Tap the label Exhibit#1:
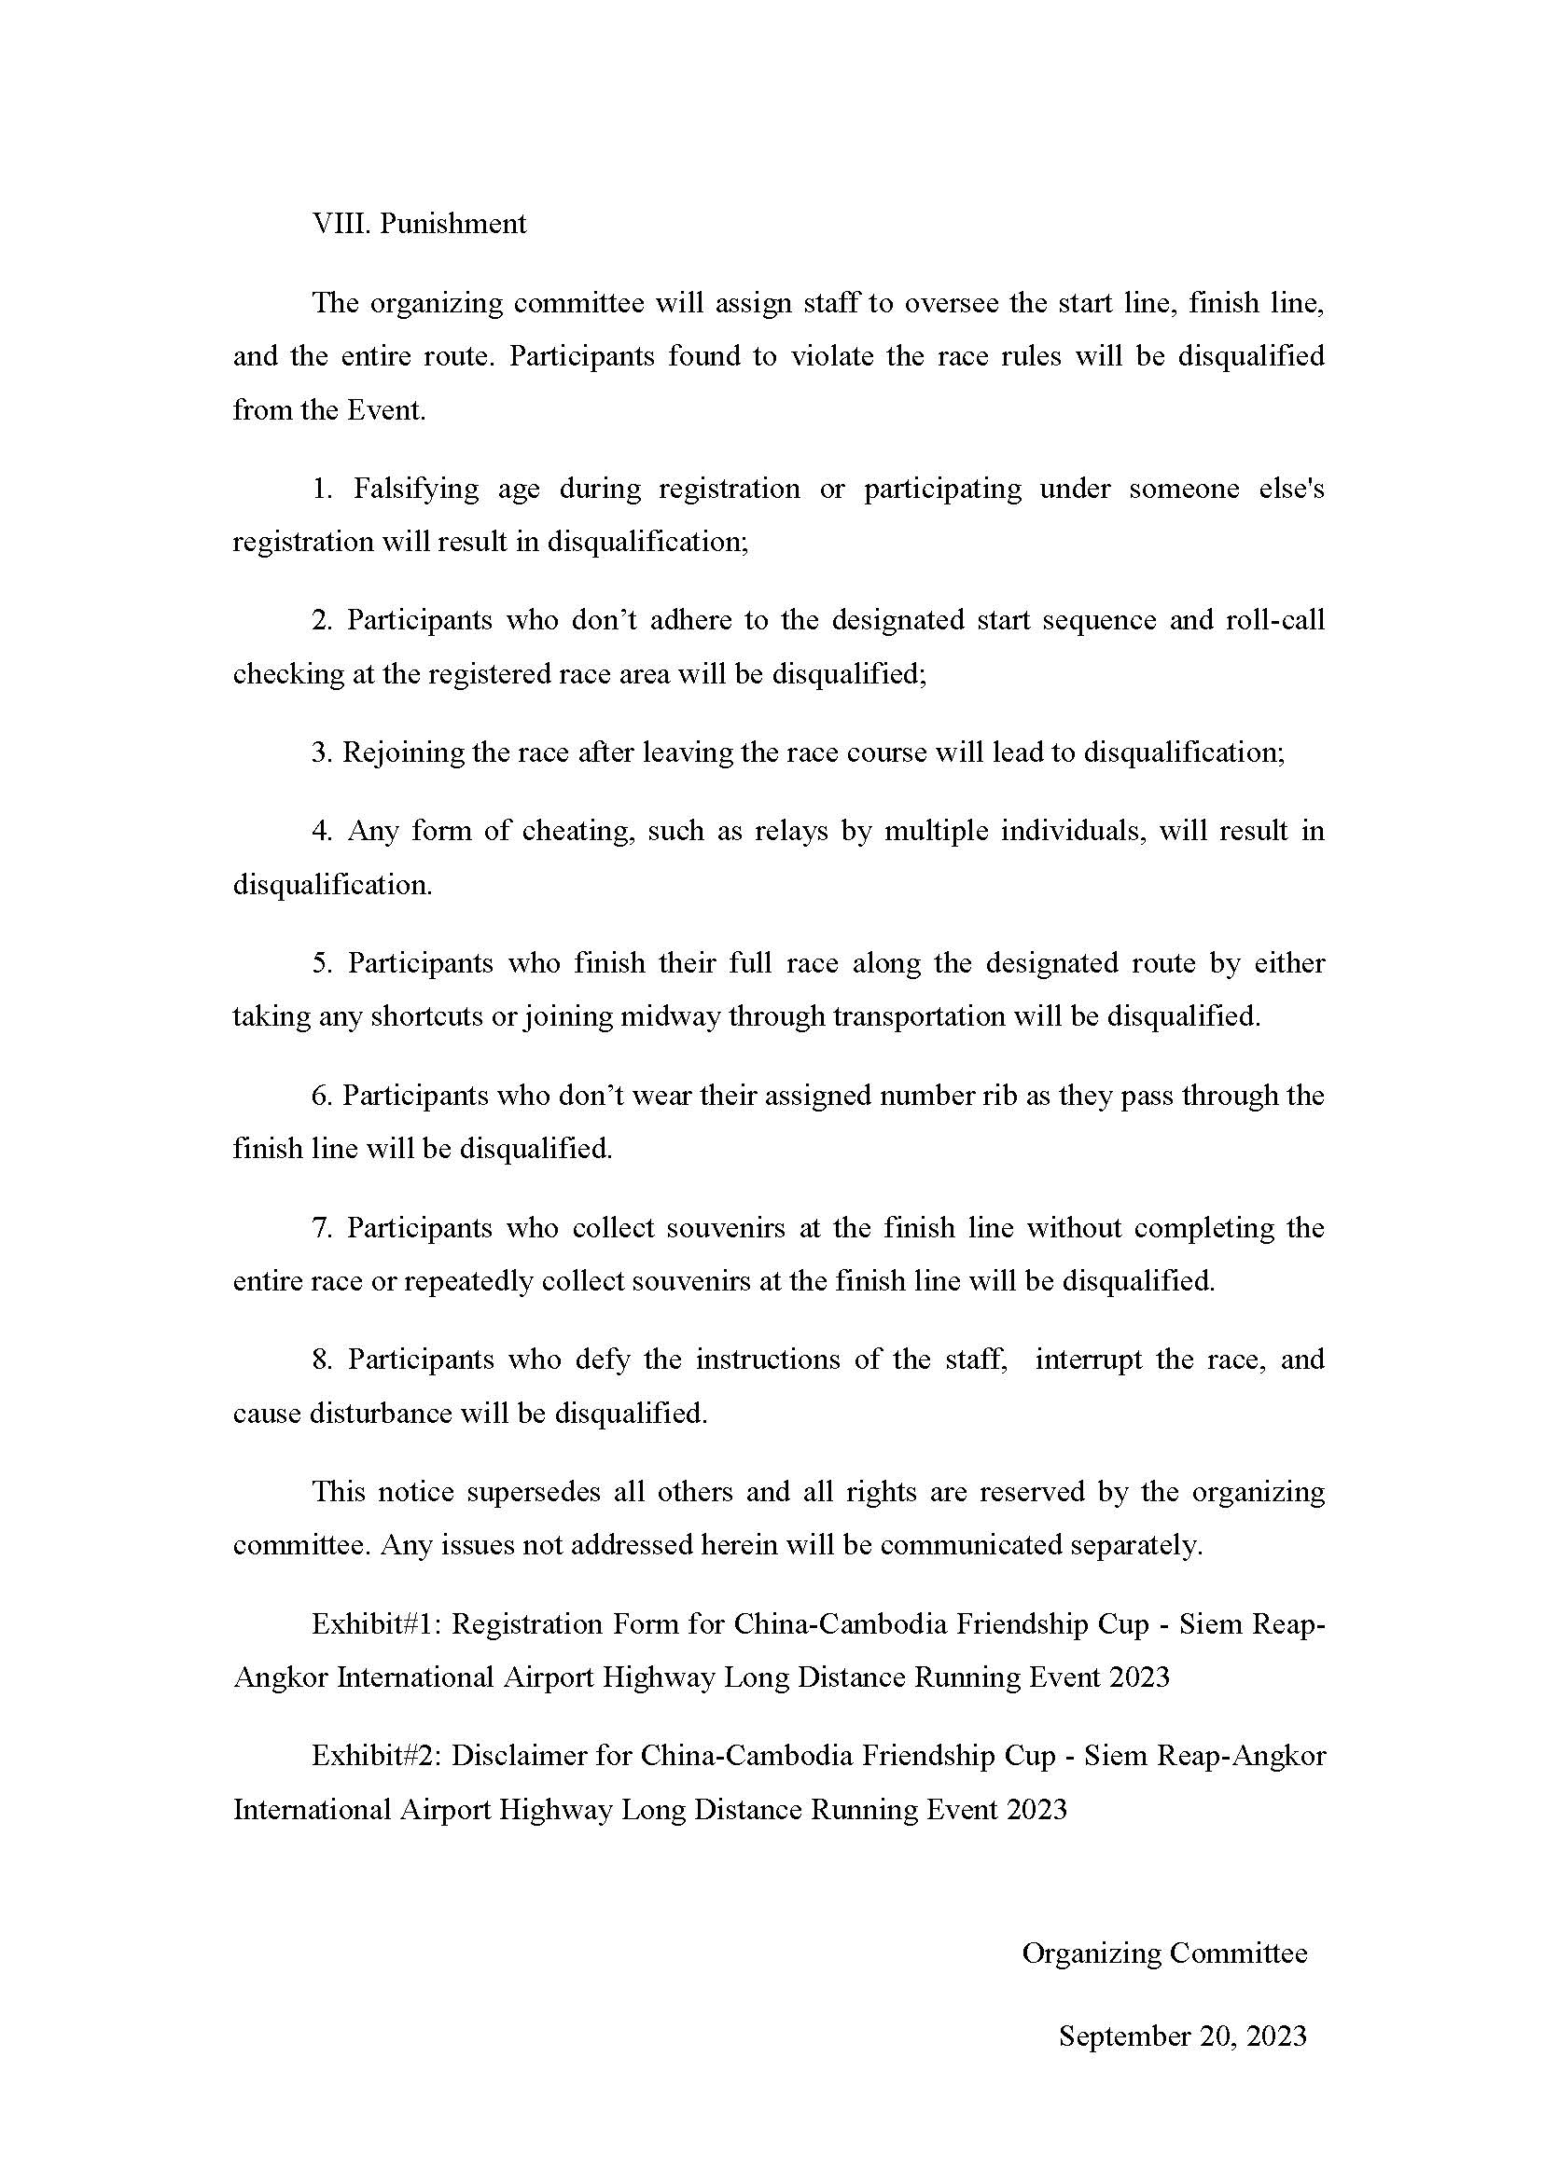375,1624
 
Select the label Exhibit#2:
375,1756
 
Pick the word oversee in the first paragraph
952,303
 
